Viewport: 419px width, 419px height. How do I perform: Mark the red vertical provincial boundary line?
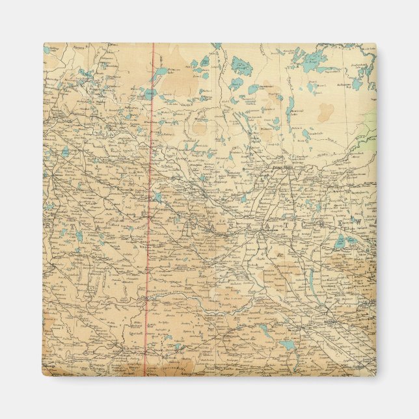tap(150, 208)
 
